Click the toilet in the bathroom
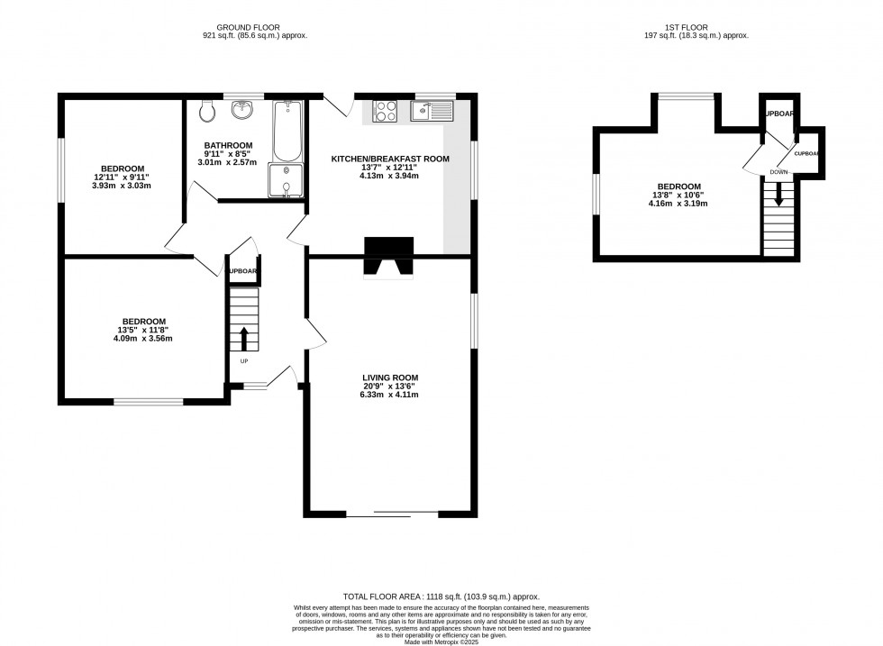tap(207, 111)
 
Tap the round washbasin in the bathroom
tap(242, 110)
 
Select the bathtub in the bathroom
tap(287, 131)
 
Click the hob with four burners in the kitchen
tap(386, 111)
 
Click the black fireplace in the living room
tap(388, 257)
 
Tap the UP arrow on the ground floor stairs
tap(243, 339)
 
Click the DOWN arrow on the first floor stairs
tap(778, 196)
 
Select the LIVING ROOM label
tap(390, 378)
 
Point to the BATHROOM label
tap(228, 145)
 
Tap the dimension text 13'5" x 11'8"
tap(142, 331)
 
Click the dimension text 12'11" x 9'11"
tap(123, 177)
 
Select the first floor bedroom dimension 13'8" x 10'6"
tap(678, 195)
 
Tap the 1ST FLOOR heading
tap(703, 26)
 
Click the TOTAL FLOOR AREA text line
tap(441, 596)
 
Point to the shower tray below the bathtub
tap(287, 179)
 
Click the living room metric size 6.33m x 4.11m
tap(390, 395)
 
